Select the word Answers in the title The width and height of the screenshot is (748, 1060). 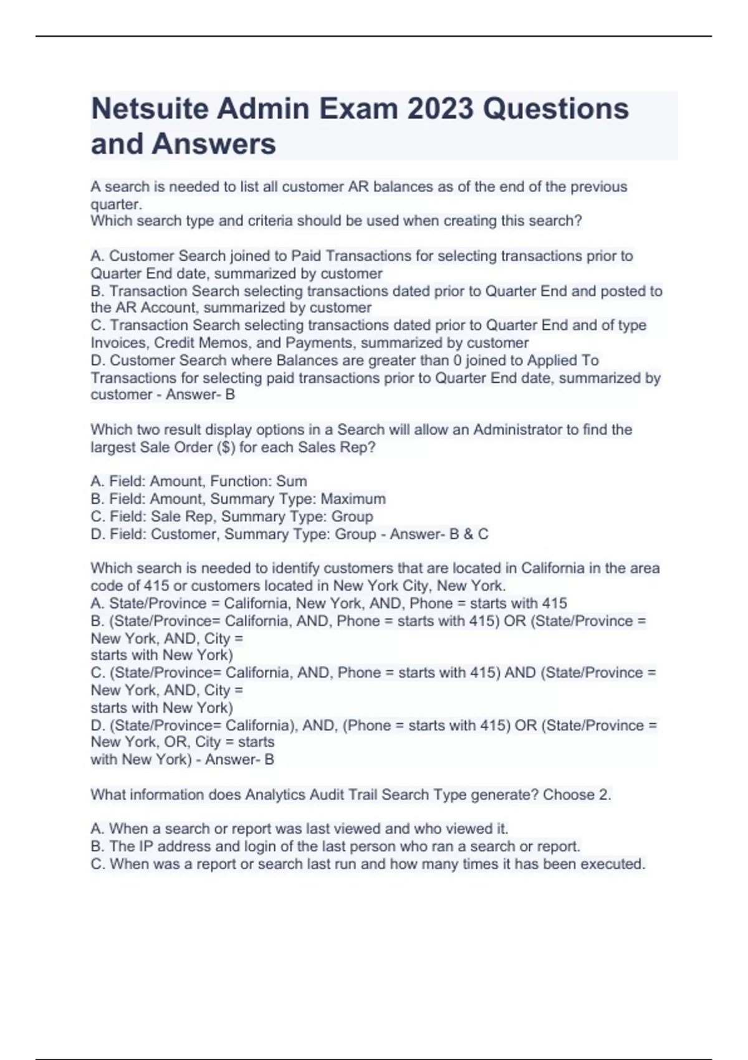point(214,144)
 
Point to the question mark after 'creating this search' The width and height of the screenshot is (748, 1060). point(578,221)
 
